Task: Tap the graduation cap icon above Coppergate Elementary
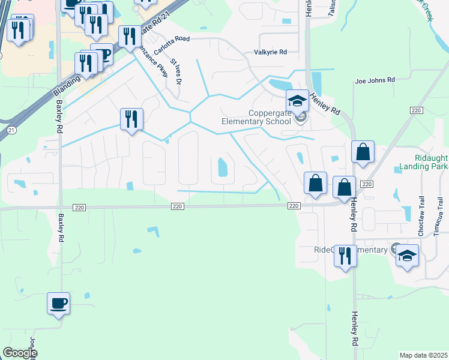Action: [297, 101]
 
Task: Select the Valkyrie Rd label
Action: [270, 52]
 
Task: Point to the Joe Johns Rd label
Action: [375, 80]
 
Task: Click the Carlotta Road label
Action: [171, 39]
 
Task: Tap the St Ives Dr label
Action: [175, 70]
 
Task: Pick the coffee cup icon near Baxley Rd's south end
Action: [59, 303]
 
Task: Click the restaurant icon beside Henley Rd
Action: [345, 256]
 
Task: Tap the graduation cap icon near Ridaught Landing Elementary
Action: [407, 255]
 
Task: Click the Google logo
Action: [19, 353]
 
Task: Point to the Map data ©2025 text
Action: [423, 355]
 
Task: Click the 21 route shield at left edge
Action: [10, 130]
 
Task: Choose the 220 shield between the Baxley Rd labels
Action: [79, 207]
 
